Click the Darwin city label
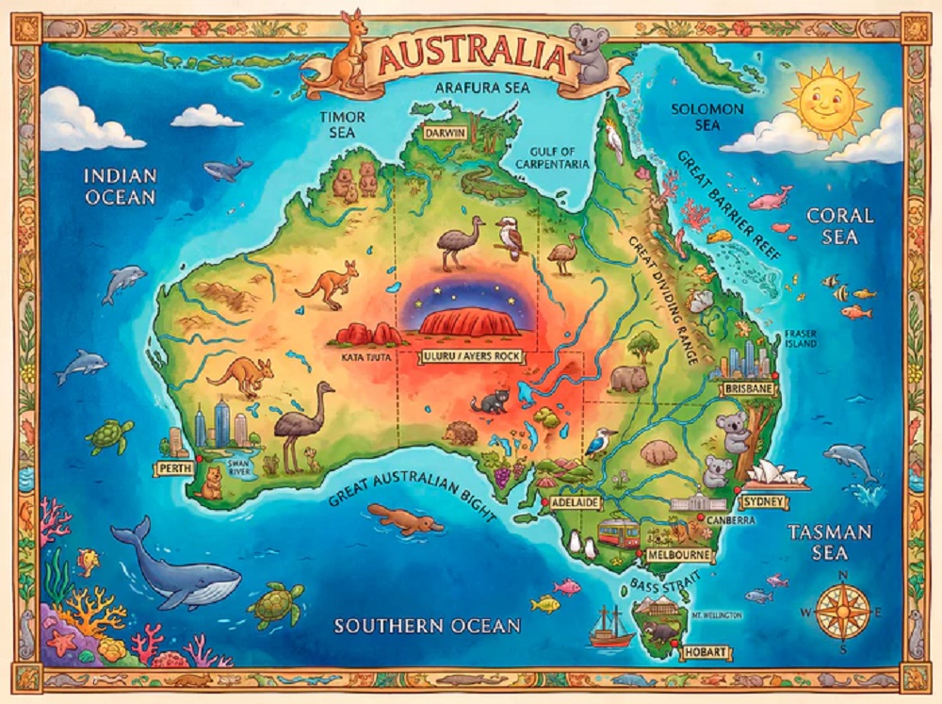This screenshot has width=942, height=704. click(x=445, y=133)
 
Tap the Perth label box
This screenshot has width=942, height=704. click(x=171, y=468)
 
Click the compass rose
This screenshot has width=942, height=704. click(x=842, y=611)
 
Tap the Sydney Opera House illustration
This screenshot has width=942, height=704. click(x=779, y=476)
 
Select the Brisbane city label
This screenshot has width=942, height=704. click(x=747, y=388)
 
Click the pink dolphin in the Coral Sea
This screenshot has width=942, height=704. click(x=770, y=198)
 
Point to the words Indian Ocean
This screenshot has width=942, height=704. click(x=120, y=185)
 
